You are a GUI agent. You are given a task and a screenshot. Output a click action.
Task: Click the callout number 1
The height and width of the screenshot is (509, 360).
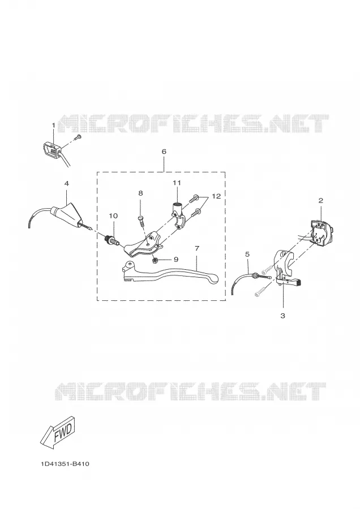click(x=54, y=124)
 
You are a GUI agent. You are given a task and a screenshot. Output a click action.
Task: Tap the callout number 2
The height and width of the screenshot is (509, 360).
click(x=321, y=201)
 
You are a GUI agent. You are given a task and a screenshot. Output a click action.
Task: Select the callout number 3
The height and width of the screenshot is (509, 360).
click(x=282, y=316)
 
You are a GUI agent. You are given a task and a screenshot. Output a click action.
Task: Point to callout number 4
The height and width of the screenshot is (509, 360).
click(x=67, y=183)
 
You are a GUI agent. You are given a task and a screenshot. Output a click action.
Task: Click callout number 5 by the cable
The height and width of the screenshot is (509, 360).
click(x=247, y=255)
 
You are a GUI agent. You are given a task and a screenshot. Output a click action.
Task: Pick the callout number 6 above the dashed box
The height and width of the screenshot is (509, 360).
click(x=164, y=152)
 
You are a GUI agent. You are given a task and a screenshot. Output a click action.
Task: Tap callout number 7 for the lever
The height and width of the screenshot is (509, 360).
click(x=197, y=248)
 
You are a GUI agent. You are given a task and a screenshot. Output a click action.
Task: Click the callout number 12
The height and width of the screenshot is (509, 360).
click(x=216, y=196)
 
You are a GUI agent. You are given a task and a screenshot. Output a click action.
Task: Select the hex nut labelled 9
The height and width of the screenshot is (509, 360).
click(x=156, y=260)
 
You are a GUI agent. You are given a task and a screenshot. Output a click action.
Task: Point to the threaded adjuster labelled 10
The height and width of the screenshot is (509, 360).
click(x=110, y=241)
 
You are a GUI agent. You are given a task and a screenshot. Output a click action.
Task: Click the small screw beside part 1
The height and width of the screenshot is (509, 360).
click(x=78, y=137)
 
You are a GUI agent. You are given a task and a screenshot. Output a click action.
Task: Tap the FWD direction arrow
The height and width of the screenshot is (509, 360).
click(x=58, y=433)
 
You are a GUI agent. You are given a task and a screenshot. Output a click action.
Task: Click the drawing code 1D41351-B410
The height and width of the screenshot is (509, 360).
click(x=65, y=464)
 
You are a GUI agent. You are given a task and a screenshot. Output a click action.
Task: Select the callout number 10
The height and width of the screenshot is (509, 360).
click(x=113, y=216)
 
